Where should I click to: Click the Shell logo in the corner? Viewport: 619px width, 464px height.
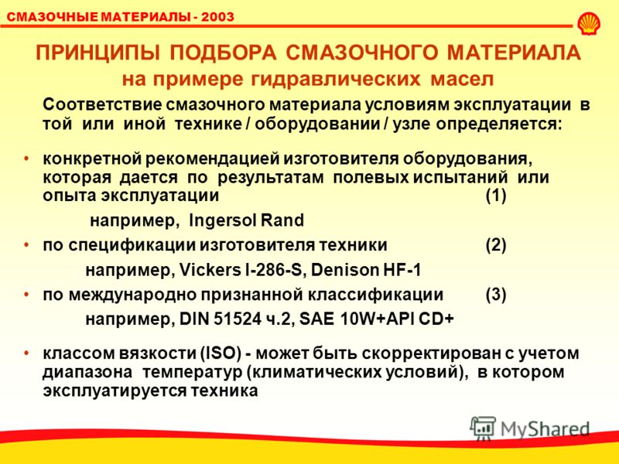click(x=589, y=23)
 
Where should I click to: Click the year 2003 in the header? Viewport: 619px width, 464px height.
click(x=217, y=17)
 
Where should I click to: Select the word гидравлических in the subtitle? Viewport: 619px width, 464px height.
click(x=336, y=79)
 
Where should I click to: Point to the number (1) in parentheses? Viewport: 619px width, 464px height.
click(x=496, y=196)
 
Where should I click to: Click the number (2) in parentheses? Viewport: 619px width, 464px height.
click(x=496, y=245)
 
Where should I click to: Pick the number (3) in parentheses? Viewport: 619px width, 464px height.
click(x=496, y=295)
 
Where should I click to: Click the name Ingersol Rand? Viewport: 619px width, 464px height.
click(x=247, y=220)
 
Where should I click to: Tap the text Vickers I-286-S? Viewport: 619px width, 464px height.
click(x=240, y=270)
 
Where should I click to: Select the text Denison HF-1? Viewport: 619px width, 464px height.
click(x=366, y=270)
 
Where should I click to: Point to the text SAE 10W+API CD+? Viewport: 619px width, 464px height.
click(x=377, y=319)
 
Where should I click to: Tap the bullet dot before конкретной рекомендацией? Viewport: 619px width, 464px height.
click(x=26, y=159)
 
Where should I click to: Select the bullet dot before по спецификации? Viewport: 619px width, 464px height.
click(x=26, y=245)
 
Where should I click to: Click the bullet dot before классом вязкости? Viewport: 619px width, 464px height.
click(x=26, y=353)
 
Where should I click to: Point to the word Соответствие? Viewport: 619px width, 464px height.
click(x=102, y=105)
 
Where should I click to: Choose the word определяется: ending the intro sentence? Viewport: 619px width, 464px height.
click(x=498, y=125)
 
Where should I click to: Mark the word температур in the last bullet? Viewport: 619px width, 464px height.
click(x=192, y=373)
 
